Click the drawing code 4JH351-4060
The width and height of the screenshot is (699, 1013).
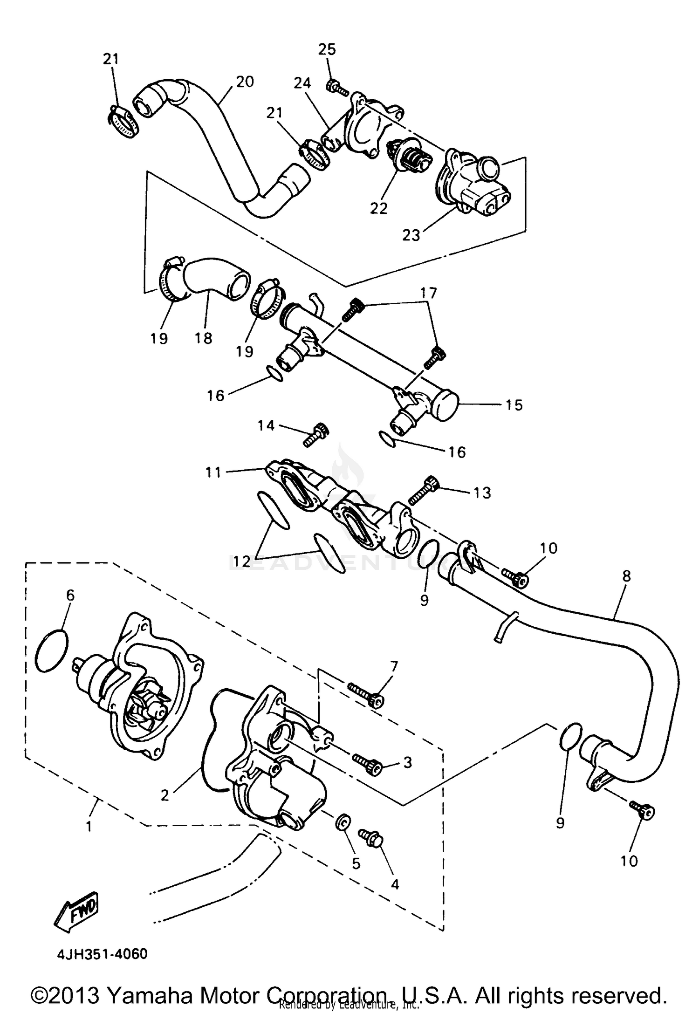click(x=103, y=954)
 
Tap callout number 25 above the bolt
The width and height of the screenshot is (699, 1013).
click(x=327, y=49)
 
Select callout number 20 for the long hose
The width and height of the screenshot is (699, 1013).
click(x=245, y=82)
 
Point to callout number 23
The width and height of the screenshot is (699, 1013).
click(x=411, y=235)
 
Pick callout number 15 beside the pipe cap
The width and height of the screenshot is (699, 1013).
click(x=514, y=405)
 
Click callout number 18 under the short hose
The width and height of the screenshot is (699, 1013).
click(x=204, y=338)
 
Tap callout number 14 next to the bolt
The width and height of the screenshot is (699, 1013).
click(x=266, y=425)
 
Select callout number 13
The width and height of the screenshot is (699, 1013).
click(x=482, y=493)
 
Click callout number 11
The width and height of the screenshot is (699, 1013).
click(x=213, y=472)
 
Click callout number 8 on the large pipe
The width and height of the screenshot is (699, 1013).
click(x=626, y=576)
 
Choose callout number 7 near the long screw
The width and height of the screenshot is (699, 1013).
click(x=394, y=667)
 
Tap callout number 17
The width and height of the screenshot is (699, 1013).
click(x=429, y=293)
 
